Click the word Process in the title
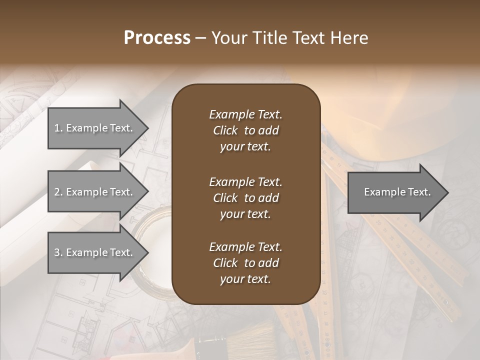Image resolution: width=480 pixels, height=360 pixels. click(x=157, y=38)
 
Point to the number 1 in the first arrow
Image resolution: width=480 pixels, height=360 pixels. click(x=57, y=128)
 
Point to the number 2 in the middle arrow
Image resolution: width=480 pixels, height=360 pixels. click(x=57, y=192)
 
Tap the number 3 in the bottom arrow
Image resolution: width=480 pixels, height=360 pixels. click(x=57, y=252)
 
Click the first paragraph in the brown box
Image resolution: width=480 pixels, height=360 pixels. click(x=245, y=130)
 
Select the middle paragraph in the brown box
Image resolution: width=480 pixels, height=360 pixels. click(x=245, y=197)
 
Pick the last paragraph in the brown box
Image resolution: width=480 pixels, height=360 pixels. click(x=245, y=263)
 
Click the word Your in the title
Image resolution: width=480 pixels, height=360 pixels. click(x=228, y=38)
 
